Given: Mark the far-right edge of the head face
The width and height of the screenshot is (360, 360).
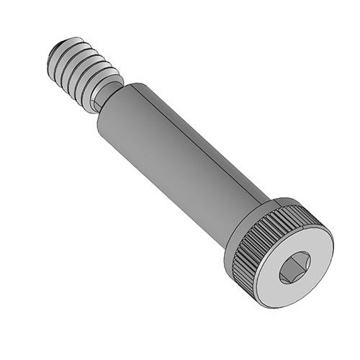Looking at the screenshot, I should click(x=333, y=245).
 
